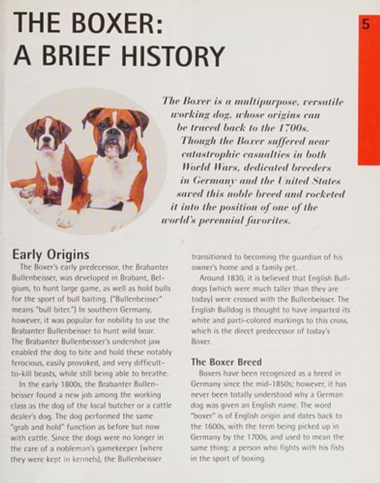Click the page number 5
(366, 25)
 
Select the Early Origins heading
(51, 255)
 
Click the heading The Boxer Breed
(226, 362)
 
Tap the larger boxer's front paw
(67, 219)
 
